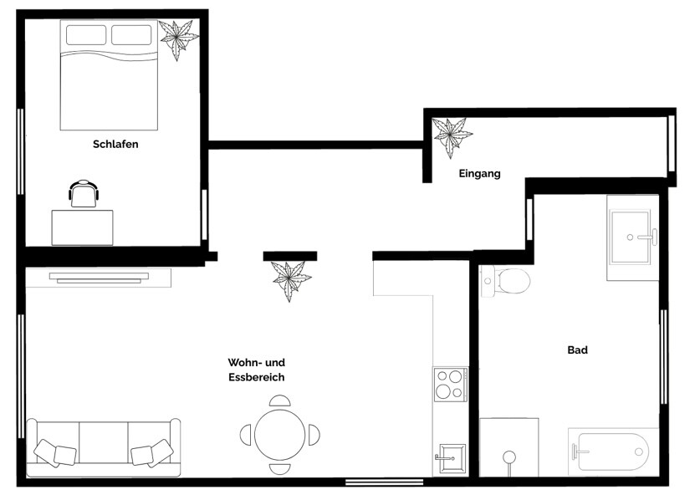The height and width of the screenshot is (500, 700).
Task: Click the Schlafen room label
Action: tap(115, 144)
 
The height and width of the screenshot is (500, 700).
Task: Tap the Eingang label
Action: tap(479, 174)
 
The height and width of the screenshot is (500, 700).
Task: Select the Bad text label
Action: tap(577, 350)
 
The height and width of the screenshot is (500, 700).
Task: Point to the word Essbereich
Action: tap(257, 377)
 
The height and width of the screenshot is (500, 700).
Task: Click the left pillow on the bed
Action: tap(86, 35)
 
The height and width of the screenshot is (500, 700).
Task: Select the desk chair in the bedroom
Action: tap(83, 193)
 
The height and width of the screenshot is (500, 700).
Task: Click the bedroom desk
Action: tap(82, 227)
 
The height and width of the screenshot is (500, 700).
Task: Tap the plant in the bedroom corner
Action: tap(179, 38)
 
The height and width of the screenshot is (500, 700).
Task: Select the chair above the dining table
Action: tap(280, 401)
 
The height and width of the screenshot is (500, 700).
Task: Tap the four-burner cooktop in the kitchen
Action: tap(450, 385)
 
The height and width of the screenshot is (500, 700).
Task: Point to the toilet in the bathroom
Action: tap(509, 281)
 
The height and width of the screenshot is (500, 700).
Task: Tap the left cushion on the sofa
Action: tap(54, 453)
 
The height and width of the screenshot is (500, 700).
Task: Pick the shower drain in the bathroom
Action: tap(508, 457)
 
